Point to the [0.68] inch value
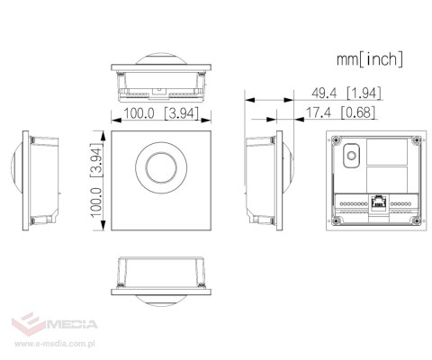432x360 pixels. (x=358, y=112)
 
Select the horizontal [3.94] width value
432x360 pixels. (x=181, y=113)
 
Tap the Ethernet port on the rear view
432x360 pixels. (x=378, y=202)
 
